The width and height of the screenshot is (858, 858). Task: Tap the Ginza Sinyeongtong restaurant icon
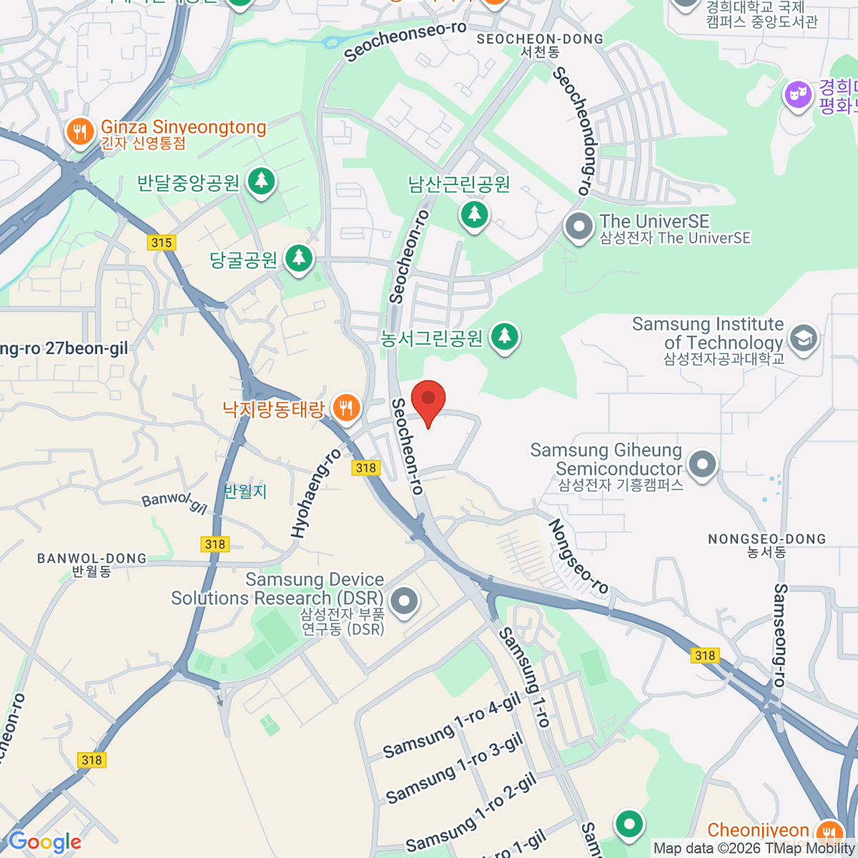(x=80, y=132)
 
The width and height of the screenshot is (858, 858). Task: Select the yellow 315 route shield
(x=162, y=242)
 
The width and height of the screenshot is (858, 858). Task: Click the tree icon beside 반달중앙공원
(x=261, y=181)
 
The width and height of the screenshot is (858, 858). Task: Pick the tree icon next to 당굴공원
(x=299, y=258)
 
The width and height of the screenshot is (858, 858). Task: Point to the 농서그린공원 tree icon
(x=505, y=336)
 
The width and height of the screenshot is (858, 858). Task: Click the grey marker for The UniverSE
(x=578, y=228)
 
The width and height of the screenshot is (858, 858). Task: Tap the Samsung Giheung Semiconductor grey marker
(x=702, y=465)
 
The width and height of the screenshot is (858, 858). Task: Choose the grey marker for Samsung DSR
(x=404, y=601)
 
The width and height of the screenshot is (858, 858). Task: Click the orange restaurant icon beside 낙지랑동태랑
(x=346, y=408)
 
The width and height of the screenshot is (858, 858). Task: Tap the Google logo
(x=45, y=842)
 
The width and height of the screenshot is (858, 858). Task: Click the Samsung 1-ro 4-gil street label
(x=452, y=726)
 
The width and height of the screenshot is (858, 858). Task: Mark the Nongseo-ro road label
(x=578, y=557)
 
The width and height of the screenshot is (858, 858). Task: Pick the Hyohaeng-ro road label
(x=316, y=494)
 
